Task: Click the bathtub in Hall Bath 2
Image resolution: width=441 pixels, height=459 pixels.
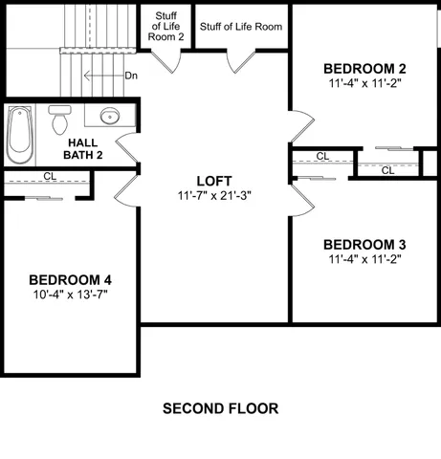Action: pos(20,135)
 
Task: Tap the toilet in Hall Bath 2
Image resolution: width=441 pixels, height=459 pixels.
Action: pos(60,120)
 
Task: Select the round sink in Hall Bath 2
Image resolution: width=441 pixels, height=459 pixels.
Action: pos(109,119)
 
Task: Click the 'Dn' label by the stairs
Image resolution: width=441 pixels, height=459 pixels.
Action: pos(131,75)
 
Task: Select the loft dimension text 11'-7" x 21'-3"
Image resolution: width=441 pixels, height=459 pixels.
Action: pos(214,195)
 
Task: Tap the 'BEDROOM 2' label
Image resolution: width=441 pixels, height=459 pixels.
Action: pos(364,69)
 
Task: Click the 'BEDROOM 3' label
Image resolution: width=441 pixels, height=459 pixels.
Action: pos(364,243)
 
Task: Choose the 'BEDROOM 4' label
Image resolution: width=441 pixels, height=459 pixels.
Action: pos(70,279)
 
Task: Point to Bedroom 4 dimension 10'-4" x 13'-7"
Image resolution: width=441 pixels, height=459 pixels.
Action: pos(70,295)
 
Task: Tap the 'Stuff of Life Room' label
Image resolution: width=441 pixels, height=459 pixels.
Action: pos(241,27)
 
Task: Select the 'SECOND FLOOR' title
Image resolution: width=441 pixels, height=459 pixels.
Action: pos(220,408)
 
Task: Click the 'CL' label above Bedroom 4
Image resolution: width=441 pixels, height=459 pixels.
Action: pos(50,176)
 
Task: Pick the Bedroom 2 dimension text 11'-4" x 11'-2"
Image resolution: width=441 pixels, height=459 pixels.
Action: pos(364,84)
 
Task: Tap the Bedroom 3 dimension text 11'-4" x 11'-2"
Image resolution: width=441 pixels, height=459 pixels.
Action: pos(364,258)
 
